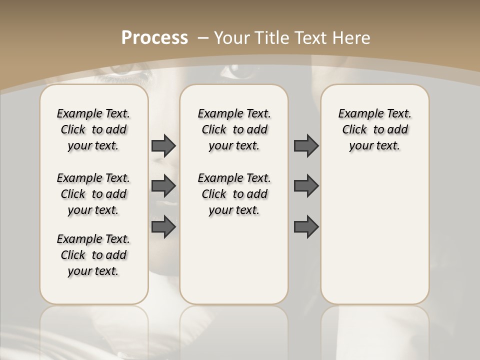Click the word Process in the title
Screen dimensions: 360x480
154,38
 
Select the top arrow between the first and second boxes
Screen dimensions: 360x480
163,145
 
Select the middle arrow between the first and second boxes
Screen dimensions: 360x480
163,186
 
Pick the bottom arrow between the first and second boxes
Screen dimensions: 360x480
163,227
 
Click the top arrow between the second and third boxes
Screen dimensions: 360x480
306,145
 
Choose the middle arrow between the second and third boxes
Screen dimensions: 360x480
306,186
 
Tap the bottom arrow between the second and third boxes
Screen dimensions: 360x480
306,227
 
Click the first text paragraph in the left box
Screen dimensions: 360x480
93,129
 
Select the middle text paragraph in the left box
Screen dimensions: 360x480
93,194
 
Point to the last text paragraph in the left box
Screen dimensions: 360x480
93,255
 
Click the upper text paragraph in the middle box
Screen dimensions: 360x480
234,129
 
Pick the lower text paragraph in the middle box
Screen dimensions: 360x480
234,194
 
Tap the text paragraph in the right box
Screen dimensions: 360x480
374,129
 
